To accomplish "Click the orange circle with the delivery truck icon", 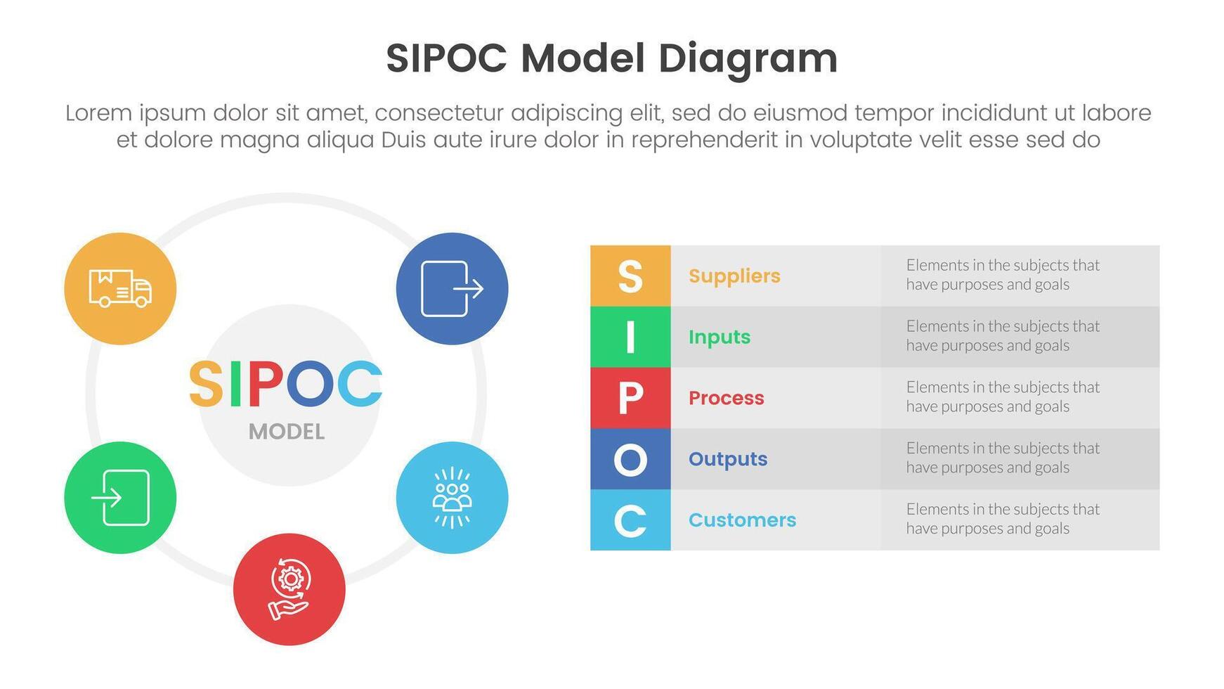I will [120, 288].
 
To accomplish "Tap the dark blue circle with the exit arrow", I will [452, 288].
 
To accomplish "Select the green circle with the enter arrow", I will [120, 497].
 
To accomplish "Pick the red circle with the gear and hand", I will [289, 589].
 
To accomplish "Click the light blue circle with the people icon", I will [452, 497].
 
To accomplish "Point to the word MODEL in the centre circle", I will [287, 432].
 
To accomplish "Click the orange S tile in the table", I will [630, 276].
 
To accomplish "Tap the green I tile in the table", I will [630, 337].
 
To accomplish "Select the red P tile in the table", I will [630, 398].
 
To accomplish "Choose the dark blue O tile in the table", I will [630, 459].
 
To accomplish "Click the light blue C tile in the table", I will [630, 520].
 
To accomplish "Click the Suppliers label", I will [734, 276].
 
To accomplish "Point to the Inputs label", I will [720, 337].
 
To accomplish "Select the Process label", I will [726, 398].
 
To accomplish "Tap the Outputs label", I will [728, 459].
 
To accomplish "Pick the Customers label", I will [742, 520].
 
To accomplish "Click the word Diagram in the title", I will [748, 58].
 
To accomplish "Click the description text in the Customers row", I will [1002, 519].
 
